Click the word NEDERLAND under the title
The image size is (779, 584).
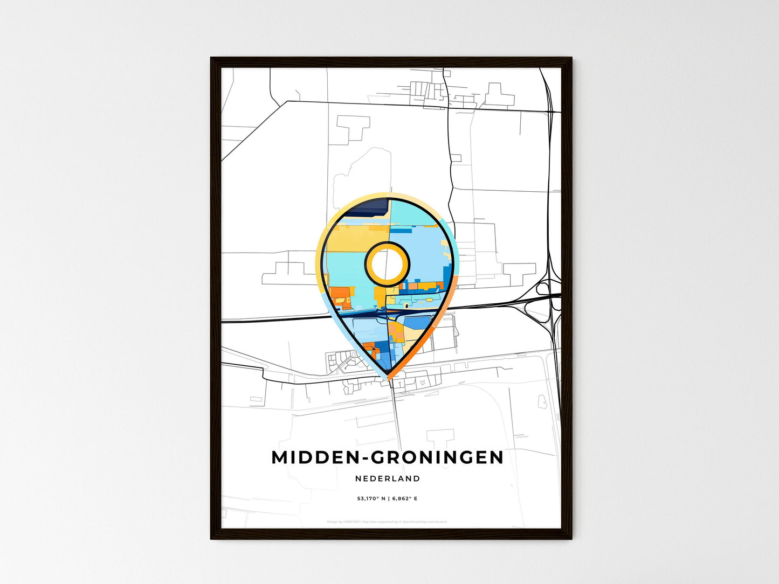coord(388,478)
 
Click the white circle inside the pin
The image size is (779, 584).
coord(387,263)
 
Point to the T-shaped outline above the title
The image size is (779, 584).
coord(440,437)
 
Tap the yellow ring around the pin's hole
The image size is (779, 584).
coord(387,246)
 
